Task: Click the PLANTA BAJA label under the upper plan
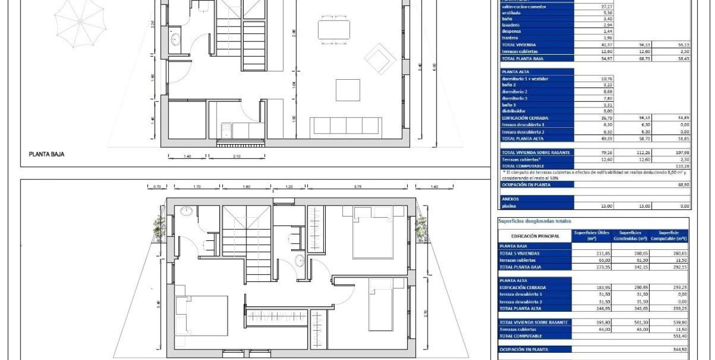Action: tap(47, 155)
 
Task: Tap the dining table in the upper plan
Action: tap(334, 29)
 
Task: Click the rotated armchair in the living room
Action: tap(379, 59)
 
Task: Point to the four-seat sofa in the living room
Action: tap(346, 126)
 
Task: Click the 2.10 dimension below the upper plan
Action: tap(237, 157)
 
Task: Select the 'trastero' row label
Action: tap(510, 38)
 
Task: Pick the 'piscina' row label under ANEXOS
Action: tap(509, 205)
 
